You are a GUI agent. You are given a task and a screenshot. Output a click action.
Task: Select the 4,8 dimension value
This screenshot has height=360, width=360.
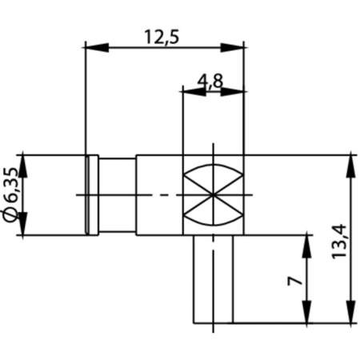click(x=211, y=80)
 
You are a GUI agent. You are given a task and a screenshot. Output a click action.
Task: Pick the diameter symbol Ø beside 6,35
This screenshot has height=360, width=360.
click(x=10, y=215)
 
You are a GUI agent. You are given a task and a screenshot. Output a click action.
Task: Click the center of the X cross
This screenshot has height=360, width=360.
click(x=213, y=195)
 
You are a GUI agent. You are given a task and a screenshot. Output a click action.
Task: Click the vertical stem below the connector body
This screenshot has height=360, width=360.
click(x=213, y=280)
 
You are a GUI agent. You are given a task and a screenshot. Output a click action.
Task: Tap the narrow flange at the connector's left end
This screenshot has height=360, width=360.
click(x=92, y=195)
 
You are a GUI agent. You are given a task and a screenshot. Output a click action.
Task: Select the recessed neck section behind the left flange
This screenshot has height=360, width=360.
click(x=117, y=195)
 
